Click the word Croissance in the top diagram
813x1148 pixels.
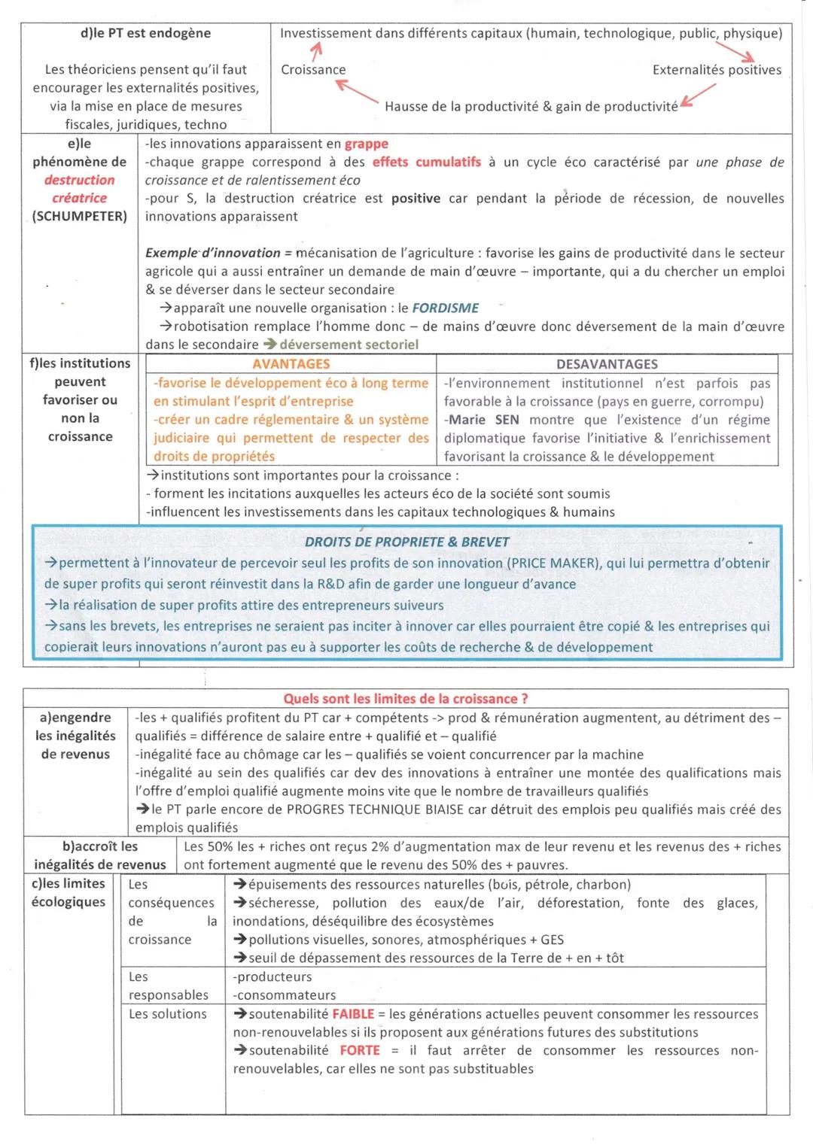(x=313, y=70)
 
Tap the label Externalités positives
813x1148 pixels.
(x=717, y=70)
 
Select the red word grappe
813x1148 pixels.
(x=367, y=144)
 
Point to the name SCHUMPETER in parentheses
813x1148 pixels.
(x=80, y=217)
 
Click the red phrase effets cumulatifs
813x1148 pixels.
(x=426, y=162)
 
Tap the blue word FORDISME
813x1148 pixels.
(x=445, y=308)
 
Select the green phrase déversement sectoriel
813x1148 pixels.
(x=349, y=345)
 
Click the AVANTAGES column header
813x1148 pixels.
(x=291, y=364)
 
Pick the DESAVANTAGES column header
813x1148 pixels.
(x=607, y=364)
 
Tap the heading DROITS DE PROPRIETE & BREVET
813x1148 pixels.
(x=406, y=542)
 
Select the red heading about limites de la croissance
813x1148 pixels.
(x=405, y=699)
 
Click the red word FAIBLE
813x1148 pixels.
(x=353, y=1014)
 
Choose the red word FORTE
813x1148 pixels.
(x=360, y=1050)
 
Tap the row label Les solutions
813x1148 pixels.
(x=167, y=1014)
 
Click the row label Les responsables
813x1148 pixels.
(x=168, y=986)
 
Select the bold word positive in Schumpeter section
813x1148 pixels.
(x=416, y=199)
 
